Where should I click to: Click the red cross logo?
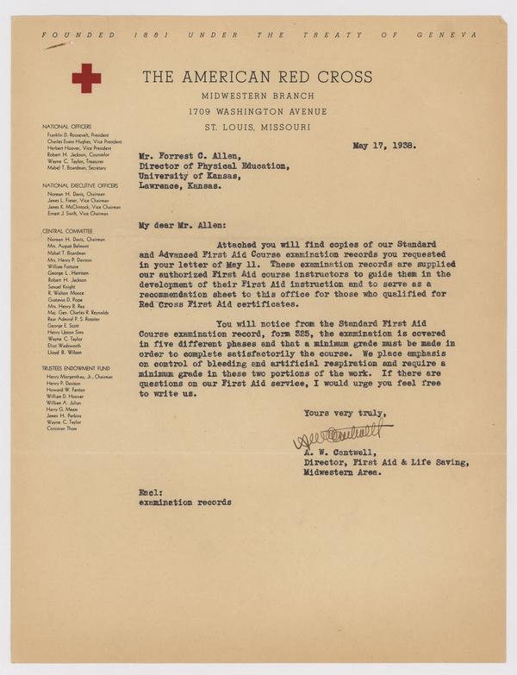86,78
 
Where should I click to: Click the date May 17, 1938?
385,145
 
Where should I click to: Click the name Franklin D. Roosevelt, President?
84,134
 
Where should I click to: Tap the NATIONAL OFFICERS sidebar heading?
66,126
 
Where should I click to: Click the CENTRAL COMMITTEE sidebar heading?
69,231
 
